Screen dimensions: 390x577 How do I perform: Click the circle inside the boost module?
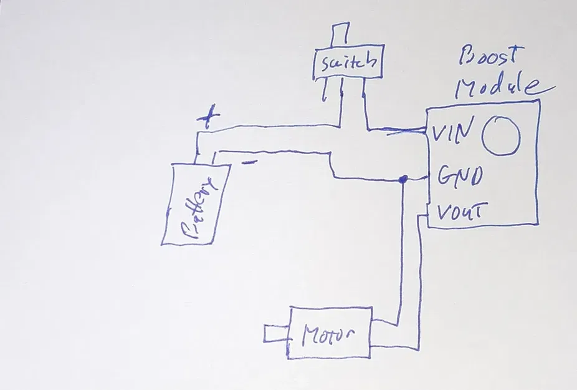500,135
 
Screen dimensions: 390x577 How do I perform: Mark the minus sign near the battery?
249,164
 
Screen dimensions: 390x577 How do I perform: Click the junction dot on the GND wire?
403,180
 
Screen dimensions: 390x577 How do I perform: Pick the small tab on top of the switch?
341,35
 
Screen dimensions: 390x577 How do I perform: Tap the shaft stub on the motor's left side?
274,334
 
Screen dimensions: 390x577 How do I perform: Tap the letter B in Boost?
467,56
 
